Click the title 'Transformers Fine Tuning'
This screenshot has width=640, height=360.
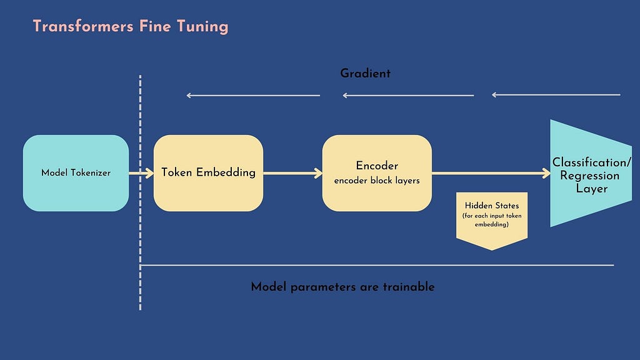pyautogui.click(x=131, y=26)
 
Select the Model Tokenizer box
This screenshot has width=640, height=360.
pyautogui.click(x=76, y=173)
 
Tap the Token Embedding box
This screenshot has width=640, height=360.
pyautogui.click(x=208, y=173)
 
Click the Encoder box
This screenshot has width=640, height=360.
pyautogui.click(x=377, y=173)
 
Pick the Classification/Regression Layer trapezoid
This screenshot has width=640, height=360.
pyautogui.click(x=591, y=173)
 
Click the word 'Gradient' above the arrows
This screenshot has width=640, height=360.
pyautogui.click(x=365, y=74)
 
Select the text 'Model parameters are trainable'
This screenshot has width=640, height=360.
pyautogui.click(x=342, y=286)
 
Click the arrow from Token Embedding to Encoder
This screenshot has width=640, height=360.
pyautogui.click(x=292, y=173)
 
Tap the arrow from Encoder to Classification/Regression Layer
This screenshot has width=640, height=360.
pyautogui.click(x=491, y=173)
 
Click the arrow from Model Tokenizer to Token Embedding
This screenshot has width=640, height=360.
pyautogui.click(x=141, y=173)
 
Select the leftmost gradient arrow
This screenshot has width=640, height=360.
pyautogui.click(x=253, y=96)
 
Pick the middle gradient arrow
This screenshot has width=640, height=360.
pyautogui.click(x=408, y=96)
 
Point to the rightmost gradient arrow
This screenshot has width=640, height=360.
pyautogui.click(x=556, y=95)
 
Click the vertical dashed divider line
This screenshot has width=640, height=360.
pyautogui.click(x=140, y=192)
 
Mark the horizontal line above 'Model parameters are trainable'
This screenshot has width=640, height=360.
pyautogui.click(x=377, y=265)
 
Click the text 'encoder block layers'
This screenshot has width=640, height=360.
pyautogui.click(x=377, y=181)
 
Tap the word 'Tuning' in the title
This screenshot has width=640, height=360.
pyautogui.click(x=202, y=27)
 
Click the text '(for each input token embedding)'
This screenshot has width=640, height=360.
pyautogui.click(x=492, y=220)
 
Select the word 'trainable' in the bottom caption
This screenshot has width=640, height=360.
pyautogui.click(x=409, y=286)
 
